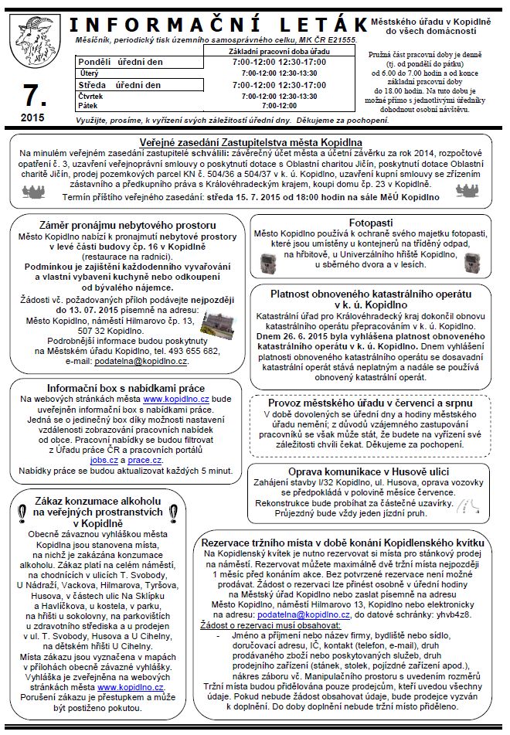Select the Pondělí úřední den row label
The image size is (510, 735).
[119, 61]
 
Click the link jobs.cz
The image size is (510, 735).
[103, 460]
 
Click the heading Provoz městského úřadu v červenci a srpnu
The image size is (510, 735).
[376, 403]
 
